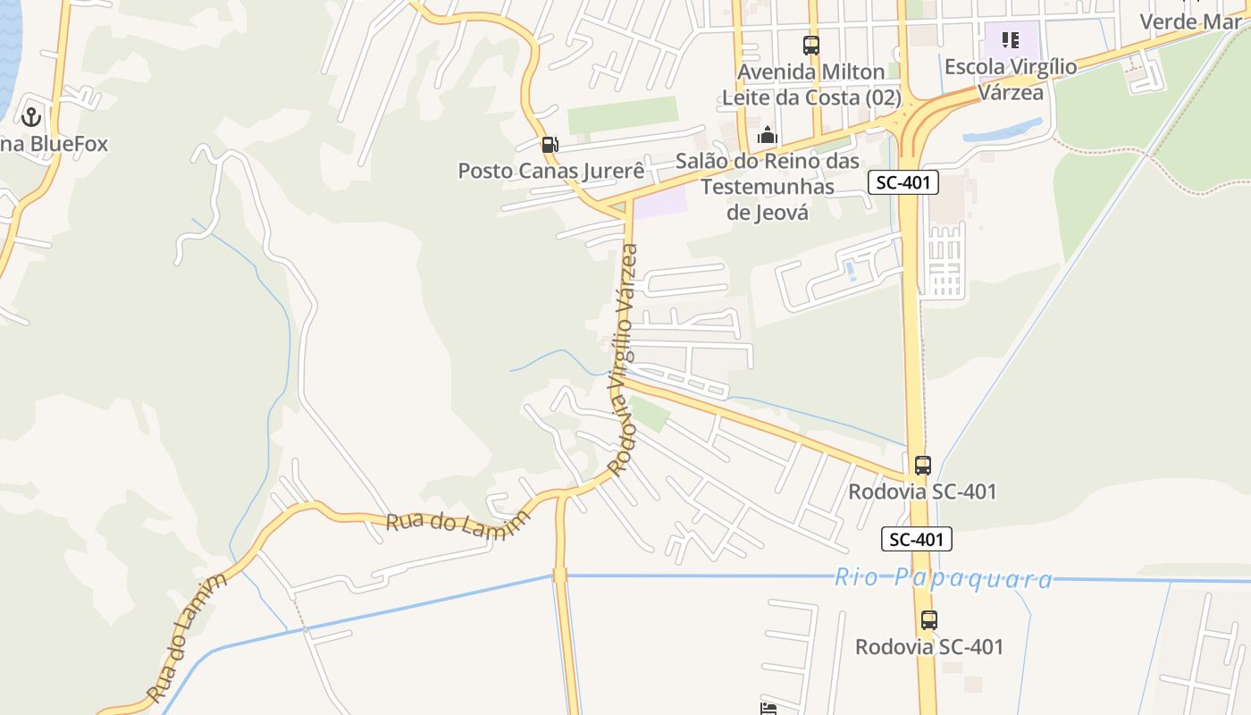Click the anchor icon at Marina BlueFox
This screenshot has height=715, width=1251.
click(x=31, y=116)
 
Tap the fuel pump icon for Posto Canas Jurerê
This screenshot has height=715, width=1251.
click(x=550, y=144)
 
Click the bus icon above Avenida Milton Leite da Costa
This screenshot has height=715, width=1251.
click(x=810, y=45)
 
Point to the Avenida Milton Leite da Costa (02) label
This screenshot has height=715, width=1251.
click(x=811, y=85)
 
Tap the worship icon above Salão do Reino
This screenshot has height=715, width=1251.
click(x=767, y=136)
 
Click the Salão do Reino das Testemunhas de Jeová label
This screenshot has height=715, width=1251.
click(x=767, y=187)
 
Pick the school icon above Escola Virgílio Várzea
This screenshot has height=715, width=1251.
click(x=1011, y=39)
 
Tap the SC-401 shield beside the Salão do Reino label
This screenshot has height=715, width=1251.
click(x=903, y=183)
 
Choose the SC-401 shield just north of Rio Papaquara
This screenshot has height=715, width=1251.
click(x=917, y=539)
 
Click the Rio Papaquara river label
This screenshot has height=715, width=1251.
click(x=943, y=578)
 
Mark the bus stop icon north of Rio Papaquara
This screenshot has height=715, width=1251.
click(x=923, y=466)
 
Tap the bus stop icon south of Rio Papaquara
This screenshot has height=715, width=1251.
click(x=929, y=619)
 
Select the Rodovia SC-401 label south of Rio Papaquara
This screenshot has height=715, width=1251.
click(x=929, y=646)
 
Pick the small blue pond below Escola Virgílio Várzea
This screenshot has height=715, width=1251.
click(x=1001, y=132)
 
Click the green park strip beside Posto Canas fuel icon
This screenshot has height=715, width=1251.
click(x=622, y=115)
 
